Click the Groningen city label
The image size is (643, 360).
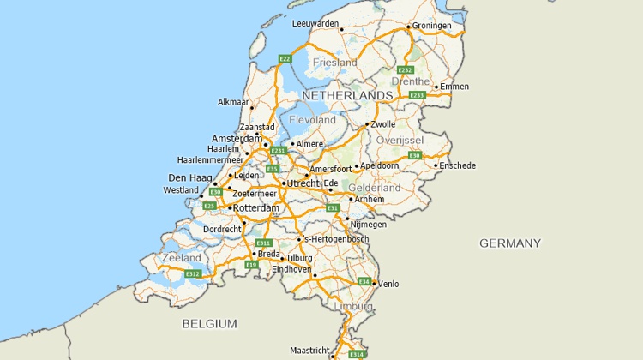point(432,26)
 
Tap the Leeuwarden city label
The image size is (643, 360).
point(315,23)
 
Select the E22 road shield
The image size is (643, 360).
point(285,59)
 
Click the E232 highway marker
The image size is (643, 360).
point(406,70)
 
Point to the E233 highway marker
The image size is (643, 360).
point(417,95)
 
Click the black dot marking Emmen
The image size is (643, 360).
point(436,87)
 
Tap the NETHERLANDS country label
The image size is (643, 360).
point(347,94)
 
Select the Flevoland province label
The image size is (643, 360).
point(313,120)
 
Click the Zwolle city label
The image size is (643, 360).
point(383,124)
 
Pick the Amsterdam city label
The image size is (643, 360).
point(237,138)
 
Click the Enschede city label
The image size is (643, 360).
point(457,165)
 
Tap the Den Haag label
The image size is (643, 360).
point(189,178)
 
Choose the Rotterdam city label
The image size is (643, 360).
point(257,208)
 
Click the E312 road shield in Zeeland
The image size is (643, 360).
point(192,273)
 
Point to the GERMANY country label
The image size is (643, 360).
point(510,243)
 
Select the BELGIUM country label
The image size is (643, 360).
point(209,323)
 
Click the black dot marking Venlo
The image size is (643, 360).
point(374,283)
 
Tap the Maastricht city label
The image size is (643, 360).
point(309,351)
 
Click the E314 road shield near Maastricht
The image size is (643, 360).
point(357,353)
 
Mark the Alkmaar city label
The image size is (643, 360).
point(233,102)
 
